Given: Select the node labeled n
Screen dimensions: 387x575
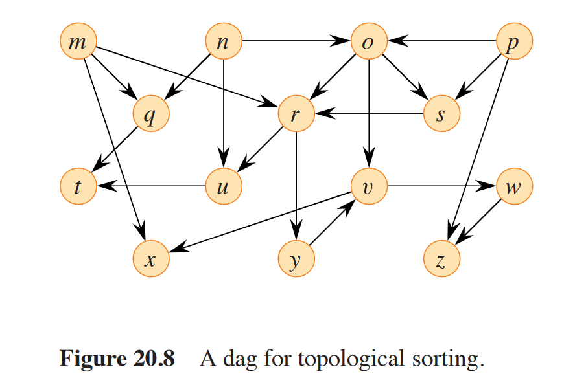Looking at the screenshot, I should coord(223,42).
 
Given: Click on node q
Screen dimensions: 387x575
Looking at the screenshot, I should coord(150,115).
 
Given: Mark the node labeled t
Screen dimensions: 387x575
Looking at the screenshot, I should coord(77,187).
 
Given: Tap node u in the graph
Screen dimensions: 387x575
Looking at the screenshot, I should coord(223,187).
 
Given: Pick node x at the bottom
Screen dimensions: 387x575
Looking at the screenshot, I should coord(150,260).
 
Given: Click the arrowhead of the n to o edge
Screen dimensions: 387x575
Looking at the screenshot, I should coord(342,42).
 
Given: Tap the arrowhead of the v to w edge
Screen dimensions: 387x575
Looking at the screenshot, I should coord(488,187).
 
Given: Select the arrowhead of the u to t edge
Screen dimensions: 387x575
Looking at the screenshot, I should coord(104,187).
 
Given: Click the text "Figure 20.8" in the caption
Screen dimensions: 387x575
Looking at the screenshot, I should coord(117,358).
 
